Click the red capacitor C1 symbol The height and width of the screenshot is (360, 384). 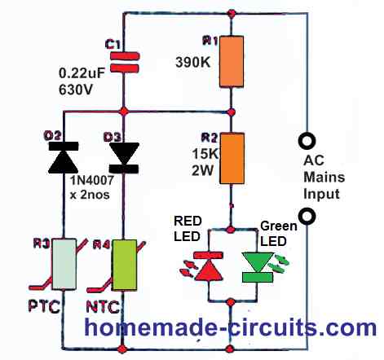click(x=125, y=63)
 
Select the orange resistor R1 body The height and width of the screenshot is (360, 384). click(x=232, y=62)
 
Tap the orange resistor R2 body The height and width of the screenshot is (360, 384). click(x=232, y=158)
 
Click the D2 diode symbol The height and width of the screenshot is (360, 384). click(x=64, y=157)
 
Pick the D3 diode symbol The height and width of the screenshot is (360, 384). click(x=124, y=158)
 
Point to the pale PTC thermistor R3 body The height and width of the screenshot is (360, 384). click(x=64, y=264)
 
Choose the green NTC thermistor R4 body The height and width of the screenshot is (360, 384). click(x=125, y=265)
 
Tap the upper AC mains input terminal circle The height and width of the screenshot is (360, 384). click(x=307, y=141)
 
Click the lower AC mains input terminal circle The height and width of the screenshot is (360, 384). click(x=307, y=216)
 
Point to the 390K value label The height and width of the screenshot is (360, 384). click(x=193, y=63)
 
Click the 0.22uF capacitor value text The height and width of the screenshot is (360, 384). click(x=82, y=73)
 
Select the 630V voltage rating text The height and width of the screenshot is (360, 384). click(x=76, y=90)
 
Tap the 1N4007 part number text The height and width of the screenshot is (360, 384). click(x=92, y=181)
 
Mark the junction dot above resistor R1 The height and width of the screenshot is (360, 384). click(x=232, y=13)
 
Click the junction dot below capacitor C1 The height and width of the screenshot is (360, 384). click(x=124, y=112)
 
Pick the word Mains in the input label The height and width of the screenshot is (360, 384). click(x=324, y=177)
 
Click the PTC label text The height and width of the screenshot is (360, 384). click(x=44, y=307)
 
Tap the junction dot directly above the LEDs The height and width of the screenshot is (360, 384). click(x=231, y=230)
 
